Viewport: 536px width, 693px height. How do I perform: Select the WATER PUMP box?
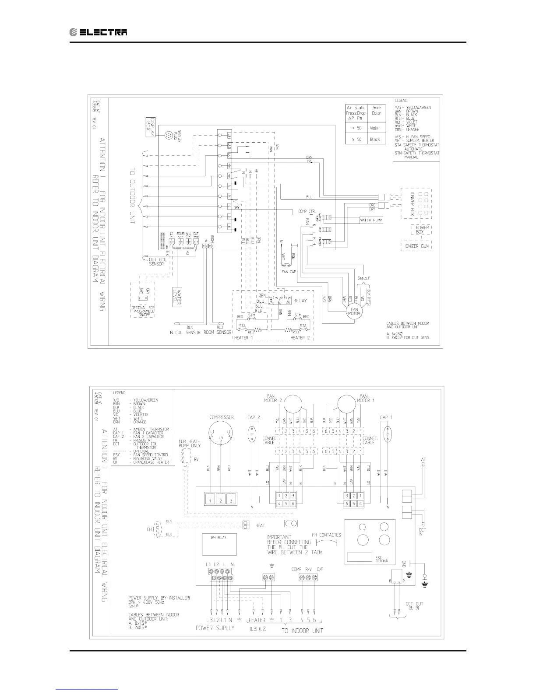[371, 220]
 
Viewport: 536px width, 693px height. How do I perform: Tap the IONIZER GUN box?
[416, 246]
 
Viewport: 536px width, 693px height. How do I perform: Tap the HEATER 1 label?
[241, 338]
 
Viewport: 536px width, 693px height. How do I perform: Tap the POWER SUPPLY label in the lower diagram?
[220, 628]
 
